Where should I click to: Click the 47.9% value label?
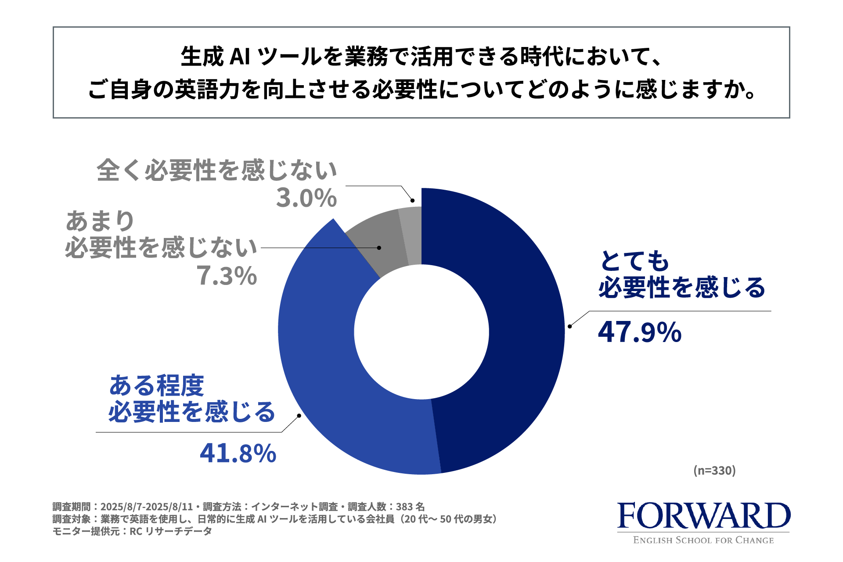coord(639,332)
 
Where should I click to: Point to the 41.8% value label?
coord(238,453)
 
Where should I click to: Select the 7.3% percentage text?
coord(227,276)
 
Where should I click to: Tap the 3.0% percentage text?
coord(306,198)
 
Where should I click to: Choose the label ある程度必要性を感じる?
coord(191,399)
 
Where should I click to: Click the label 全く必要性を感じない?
coord(217,170)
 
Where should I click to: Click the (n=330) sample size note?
coord(714,471)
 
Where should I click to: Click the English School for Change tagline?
coord(703,540)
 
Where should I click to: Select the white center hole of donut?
coord(421,331)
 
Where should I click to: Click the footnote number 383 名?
coord(410,507)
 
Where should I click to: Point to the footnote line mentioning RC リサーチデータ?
coord(132,531)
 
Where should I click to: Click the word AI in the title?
coord(240,57)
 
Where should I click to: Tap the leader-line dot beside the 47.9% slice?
coord(569,326)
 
